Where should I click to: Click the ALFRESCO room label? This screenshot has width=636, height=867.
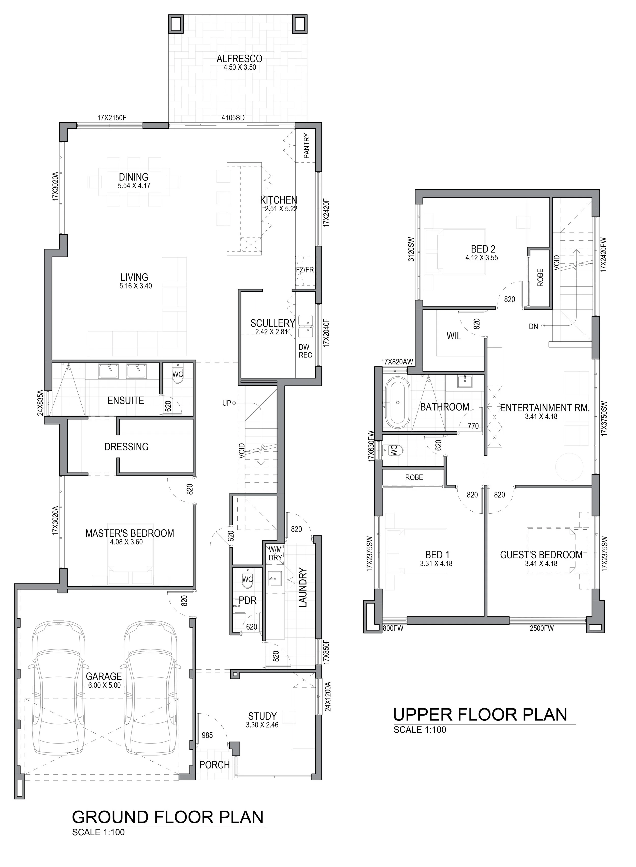click(239, 59)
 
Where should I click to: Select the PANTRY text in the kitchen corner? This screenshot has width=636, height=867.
click(307, 146)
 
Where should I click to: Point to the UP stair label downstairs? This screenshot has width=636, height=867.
click(226, 403)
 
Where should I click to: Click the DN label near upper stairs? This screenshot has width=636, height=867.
click(533, 326)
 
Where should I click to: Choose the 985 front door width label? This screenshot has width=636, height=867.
click(207, 735)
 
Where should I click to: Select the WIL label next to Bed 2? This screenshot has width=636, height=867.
click(454, 336)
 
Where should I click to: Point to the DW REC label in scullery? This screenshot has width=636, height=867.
click(305, 351)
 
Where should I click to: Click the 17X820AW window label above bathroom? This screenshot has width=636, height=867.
click(397, 362)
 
